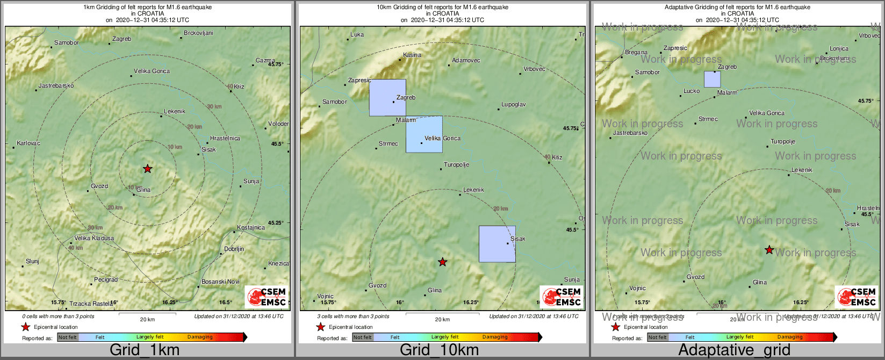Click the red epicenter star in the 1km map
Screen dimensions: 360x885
tap(147, 169)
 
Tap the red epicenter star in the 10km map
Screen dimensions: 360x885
tap(442, 262)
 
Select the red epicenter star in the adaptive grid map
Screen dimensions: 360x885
tap(769, 250)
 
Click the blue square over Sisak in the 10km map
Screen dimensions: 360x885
tap(497, 244)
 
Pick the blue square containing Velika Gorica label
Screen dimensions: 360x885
tap(424, 134)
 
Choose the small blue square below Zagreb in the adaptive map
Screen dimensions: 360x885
tap(713, 80)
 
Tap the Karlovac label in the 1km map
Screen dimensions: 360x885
tap(28, 143)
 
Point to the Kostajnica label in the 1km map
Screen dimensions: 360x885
tap(251, 227)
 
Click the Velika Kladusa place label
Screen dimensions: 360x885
tap(94, 238)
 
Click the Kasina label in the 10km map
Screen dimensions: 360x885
tap(412, 55)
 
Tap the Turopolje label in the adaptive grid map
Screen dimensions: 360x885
tap(782, 142)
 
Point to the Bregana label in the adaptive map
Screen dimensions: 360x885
tap(636, 53)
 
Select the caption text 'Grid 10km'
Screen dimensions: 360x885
tap(439, 350)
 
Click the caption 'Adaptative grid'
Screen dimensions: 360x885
tap(734, 350)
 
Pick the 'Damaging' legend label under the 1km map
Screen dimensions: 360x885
tap(200, 337)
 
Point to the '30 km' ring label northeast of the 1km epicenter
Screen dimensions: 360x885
tap(214, 106)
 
